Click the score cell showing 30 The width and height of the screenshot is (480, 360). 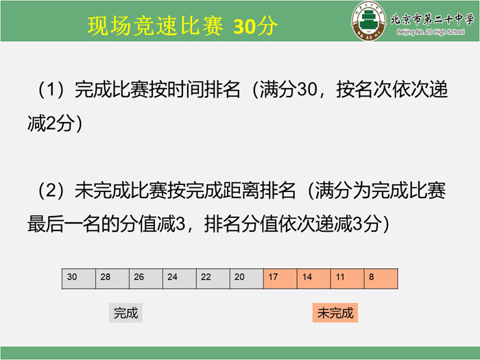click(x=79, y=278)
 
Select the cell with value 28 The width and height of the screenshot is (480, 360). click(x=112, y=278)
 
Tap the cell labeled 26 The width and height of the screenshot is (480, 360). click(x=146, y=278)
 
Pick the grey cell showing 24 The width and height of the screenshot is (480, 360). click(x=180, y=278)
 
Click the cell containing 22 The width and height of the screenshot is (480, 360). click(x=213, y=278)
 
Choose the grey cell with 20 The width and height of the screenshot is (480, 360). click(x=247, y=278)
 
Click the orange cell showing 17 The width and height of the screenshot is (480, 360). click(x=280, y=278)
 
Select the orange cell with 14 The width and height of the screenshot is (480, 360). click(x=314, y=278)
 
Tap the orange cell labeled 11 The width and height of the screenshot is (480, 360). click(x=348, y=278)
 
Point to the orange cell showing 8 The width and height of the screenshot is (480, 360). click(x=381, y=278)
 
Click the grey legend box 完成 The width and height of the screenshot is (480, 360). click(x=125, y=313)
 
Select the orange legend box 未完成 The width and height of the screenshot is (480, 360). click(x=335, y=313)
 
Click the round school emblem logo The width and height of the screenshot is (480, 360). click(x=369, y=21)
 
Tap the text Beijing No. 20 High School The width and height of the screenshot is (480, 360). click(x=431, y=32)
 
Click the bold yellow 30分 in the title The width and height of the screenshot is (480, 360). click(x=255, y=26)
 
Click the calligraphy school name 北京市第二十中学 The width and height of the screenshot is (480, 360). click(x=432, y=20)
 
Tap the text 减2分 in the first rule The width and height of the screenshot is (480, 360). click(x=51, y=123)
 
